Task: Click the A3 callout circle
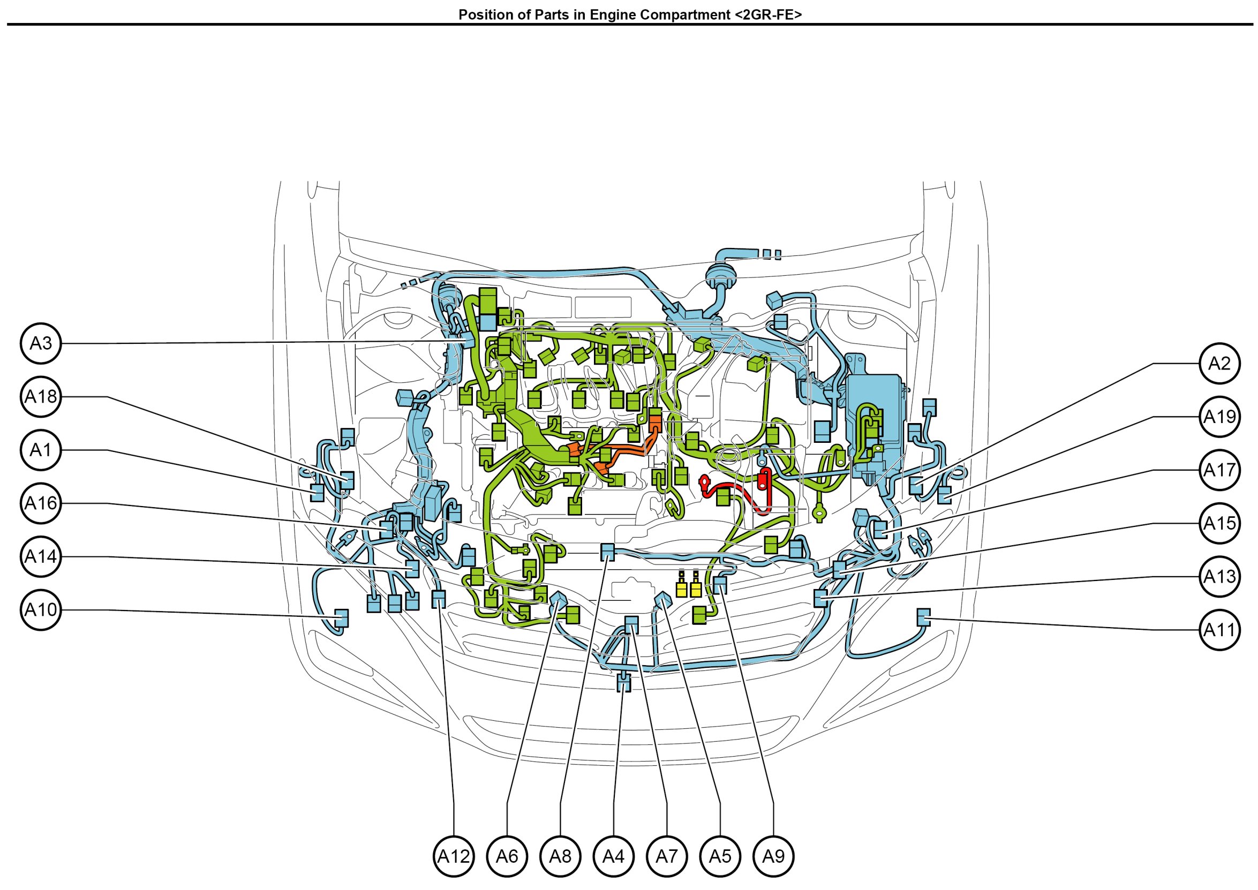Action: [41, 343]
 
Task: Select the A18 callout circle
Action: [41, 396]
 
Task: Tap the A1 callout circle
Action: [41, 450]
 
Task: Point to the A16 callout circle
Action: [41, 503]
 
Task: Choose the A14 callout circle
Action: [41, 557]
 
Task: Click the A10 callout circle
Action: [41, 610]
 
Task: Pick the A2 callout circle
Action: [1219, 364]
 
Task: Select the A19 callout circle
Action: [1219, 417]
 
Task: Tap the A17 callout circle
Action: [1219, 470]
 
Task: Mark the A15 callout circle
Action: [1219, 523]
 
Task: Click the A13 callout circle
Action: [1219, 577]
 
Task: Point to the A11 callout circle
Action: [1219, 630]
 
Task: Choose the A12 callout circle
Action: [453, 856]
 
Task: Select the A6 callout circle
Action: [507, 856]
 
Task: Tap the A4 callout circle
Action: [613, 856]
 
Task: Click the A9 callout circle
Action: [773, 856]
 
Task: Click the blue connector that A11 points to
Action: [923, 616]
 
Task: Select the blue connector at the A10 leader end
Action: [341, 617]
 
